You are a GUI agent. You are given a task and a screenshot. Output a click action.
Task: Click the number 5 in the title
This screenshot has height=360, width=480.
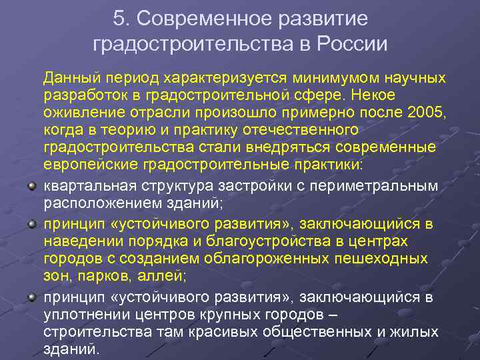point(119,19)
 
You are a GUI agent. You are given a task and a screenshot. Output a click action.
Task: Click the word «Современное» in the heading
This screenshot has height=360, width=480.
point(197,19)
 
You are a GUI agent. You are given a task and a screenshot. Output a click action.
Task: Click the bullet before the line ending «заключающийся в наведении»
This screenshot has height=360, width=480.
point(33,223)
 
